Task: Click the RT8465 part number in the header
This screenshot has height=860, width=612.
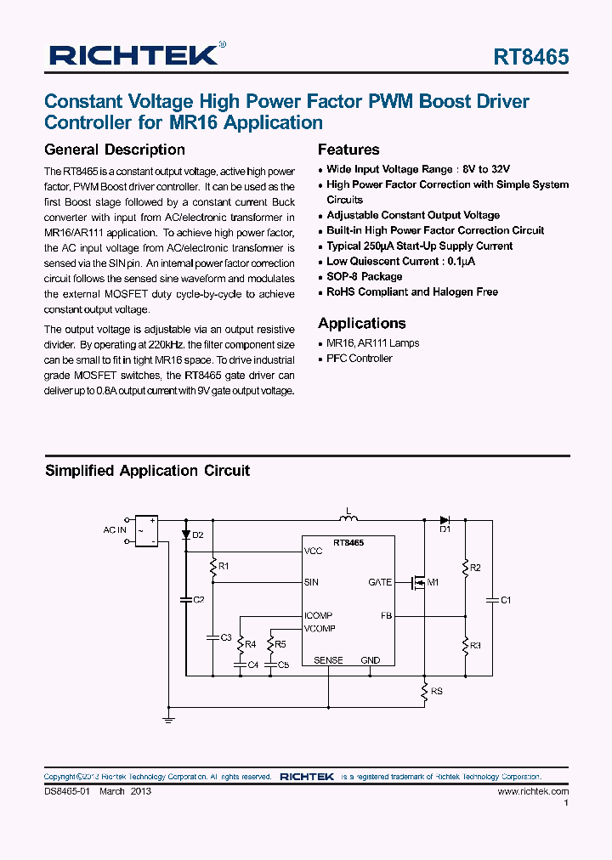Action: (531, 57)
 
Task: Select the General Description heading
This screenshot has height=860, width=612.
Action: (115, 150)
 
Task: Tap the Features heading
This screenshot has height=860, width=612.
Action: (348, 150)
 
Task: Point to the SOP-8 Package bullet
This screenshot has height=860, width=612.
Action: (364, 276)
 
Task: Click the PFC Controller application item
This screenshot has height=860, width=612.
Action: (360, 359)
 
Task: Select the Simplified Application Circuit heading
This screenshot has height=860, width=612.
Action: (147, 471)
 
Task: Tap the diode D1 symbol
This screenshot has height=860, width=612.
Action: (444, 519)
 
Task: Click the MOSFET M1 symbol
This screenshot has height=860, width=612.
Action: (419, 583)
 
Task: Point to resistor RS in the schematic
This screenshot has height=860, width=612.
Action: (423, 693)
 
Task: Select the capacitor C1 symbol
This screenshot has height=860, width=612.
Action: (490, 600)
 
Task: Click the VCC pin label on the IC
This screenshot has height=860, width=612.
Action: (314, 551)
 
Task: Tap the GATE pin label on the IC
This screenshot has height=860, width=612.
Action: (380, 582)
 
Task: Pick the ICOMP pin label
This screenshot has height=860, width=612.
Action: (318, 615)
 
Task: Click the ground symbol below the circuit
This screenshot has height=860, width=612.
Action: (168, 719)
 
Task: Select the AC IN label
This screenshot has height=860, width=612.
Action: (115, 529)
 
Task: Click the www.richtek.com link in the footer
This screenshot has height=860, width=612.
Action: (533, 790)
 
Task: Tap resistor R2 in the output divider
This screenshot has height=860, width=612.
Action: (465, 567)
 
